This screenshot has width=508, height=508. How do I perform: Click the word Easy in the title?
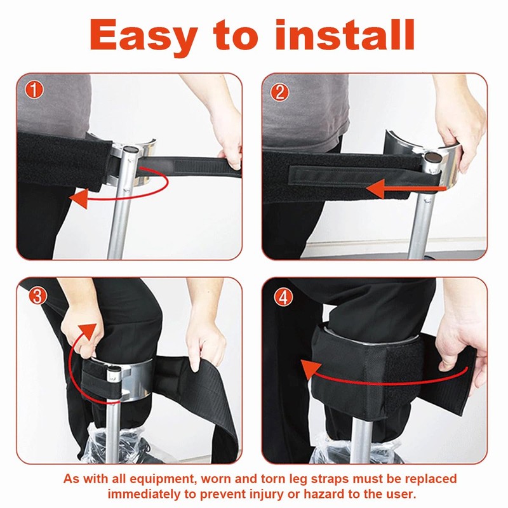[144, 36]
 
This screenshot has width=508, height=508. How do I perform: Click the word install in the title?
[345, 34]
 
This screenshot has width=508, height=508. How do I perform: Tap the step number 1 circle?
[34, 90]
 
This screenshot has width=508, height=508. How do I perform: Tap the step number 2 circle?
[279, 92]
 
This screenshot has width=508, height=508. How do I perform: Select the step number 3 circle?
[37, 296]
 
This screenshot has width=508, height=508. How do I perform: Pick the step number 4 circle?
[283, 297]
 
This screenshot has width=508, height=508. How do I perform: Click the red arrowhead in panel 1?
[79, 198]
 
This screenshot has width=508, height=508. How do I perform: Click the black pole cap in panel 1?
[131, 149]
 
